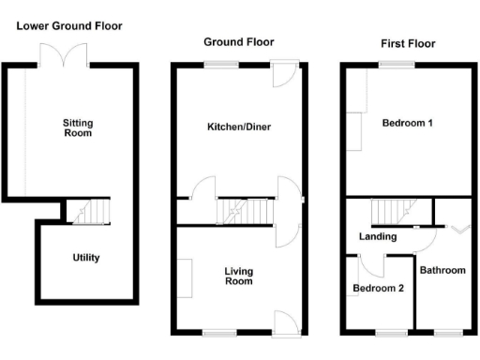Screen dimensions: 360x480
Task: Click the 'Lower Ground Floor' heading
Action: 69,25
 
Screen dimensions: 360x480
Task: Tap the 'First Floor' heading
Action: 408,43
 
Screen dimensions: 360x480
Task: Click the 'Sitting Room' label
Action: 78,127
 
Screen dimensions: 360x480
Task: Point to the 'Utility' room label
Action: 86,257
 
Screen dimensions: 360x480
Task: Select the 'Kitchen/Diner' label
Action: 239,127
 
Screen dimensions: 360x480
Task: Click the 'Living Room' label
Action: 239,276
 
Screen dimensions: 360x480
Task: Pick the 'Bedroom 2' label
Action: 379,288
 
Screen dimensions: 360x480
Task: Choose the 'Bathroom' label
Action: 442,270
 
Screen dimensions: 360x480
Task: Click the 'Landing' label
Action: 378,236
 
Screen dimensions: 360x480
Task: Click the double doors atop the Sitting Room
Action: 70,56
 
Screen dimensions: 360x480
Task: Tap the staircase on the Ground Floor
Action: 243,211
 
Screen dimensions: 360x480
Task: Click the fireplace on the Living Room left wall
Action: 186,277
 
